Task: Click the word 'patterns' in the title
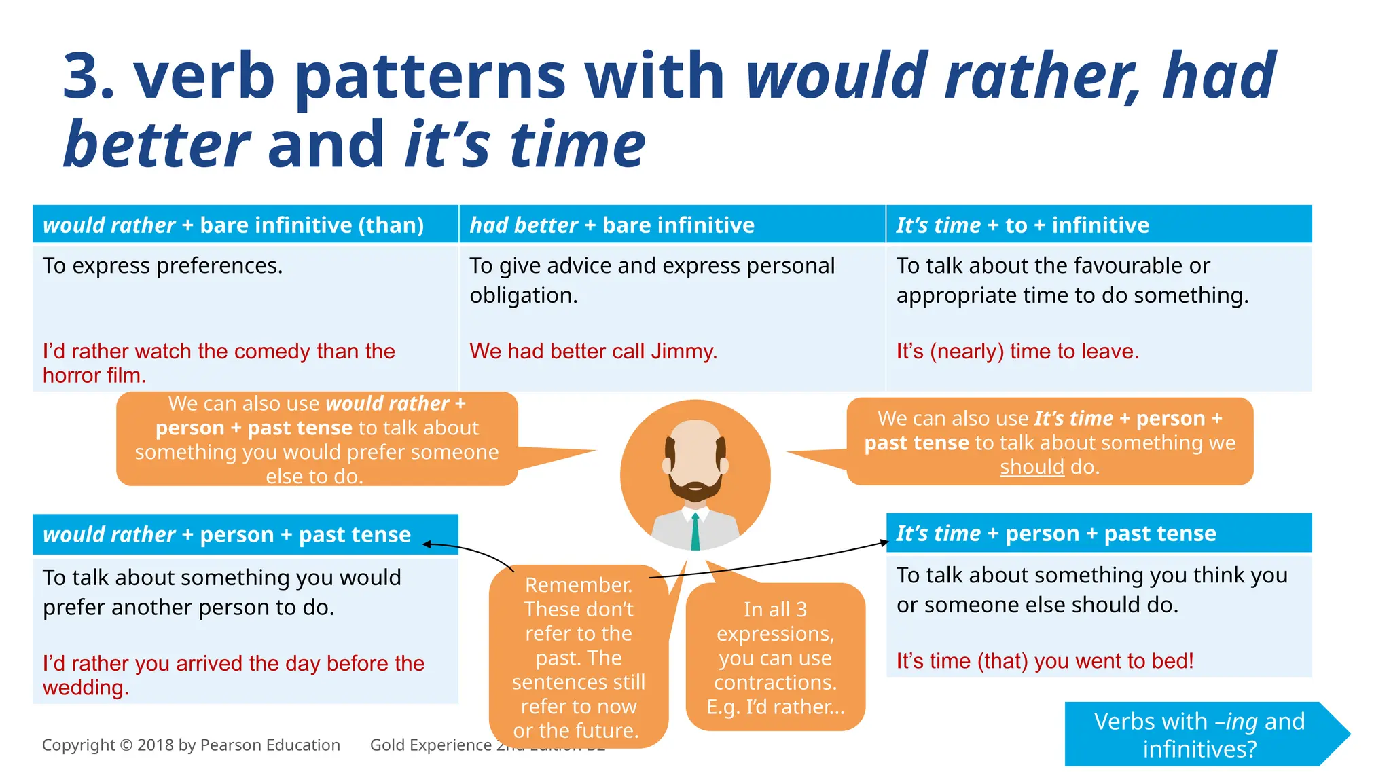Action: (431, 76)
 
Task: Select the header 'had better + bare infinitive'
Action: (612, 225)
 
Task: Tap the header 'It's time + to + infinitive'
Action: (1022, 225)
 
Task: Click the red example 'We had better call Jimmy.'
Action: (593, 351)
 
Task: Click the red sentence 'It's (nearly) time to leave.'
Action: (1017, 351)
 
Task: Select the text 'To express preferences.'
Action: (162, 265)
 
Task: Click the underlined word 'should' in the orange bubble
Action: (1032, 467)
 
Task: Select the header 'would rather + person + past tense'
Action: (227, 534)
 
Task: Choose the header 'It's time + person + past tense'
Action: (1055, 534)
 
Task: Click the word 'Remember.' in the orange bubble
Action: (579, 584)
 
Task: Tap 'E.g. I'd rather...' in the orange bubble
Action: (775, 707)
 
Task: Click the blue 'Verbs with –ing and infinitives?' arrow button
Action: (1199, 734)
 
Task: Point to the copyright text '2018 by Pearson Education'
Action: (238, 745)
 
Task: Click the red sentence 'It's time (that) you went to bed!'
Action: (1045, 660)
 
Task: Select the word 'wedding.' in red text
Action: (86, 688)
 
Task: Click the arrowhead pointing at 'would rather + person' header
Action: (427, 544)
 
